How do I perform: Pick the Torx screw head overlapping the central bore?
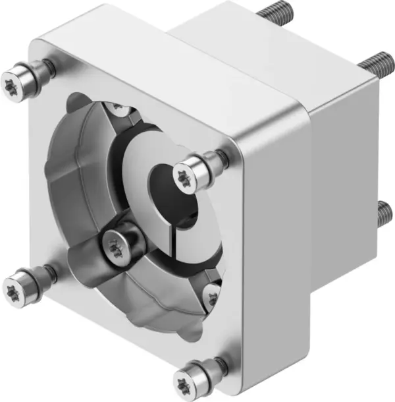pos(184,173)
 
